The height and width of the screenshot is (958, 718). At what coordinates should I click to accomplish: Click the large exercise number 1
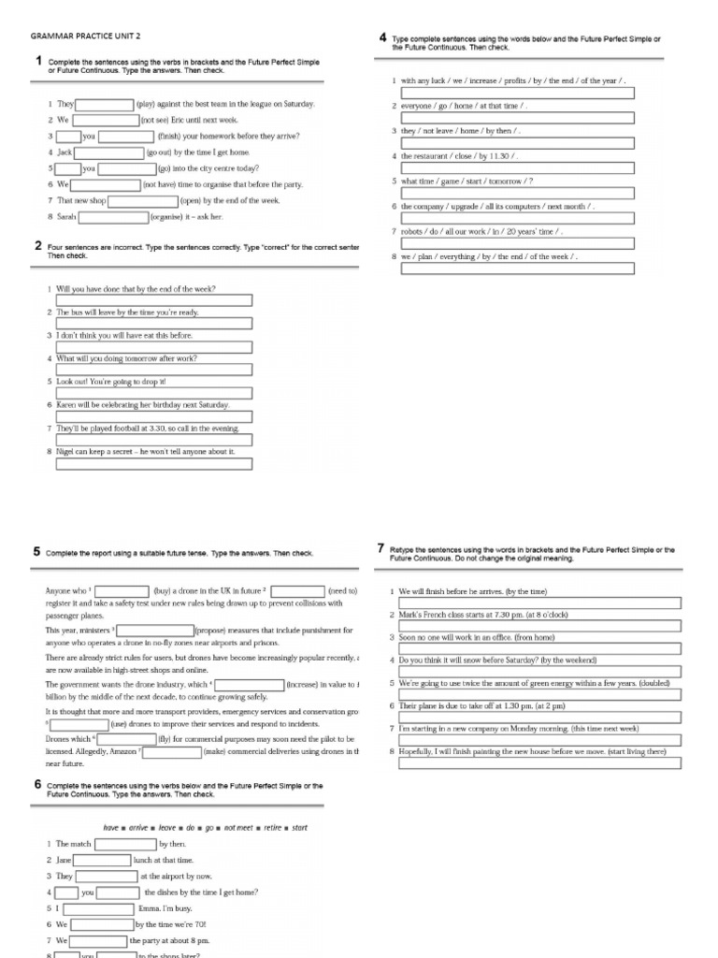[37, 62]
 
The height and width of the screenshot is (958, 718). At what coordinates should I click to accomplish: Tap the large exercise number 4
[382, 37]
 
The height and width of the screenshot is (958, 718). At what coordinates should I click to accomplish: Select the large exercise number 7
[381, 549]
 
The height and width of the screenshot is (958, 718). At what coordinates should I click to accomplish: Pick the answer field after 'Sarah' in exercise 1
[113, 216]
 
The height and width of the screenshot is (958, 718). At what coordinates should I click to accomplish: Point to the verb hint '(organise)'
[166, 216]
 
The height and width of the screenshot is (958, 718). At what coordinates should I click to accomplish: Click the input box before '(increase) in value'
[250, 684]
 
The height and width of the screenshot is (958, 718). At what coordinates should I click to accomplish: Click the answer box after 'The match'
[125, 843]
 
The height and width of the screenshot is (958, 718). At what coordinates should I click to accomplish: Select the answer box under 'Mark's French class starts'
[539, 627]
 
